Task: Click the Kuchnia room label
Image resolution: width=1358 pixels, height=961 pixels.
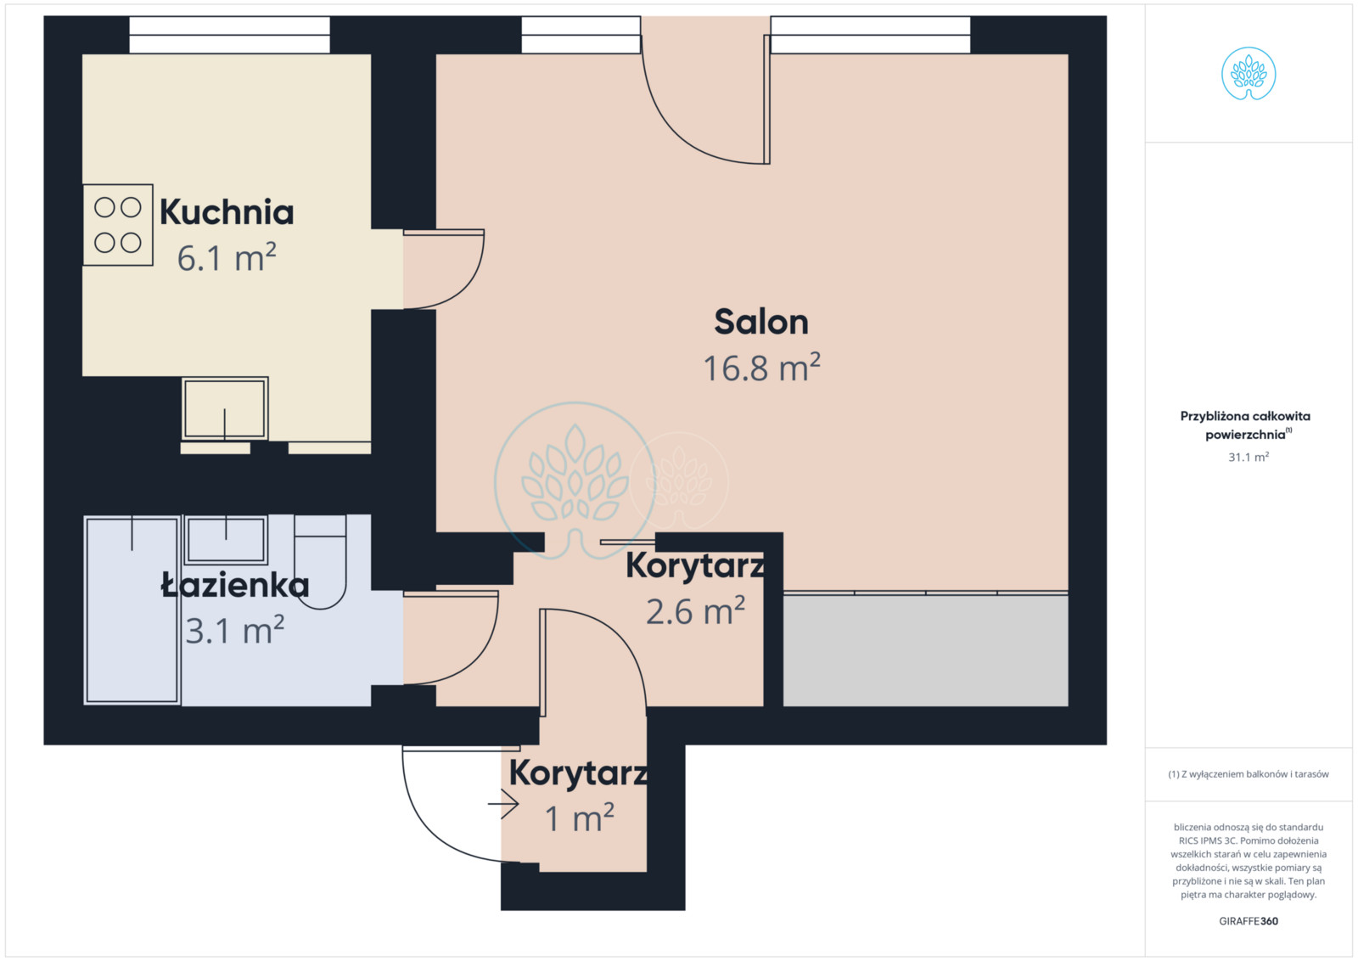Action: tap(227, 212)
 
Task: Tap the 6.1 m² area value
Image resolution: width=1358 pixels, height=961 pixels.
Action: tap(227, 257)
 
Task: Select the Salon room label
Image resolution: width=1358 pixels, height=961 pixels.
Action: tap(761, 322)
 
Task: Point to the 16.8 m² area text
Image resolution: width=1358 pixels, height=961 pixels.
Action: tap(761, 367)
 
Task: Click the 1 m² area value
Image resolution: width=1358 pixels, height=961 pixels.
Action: tap(580, 818)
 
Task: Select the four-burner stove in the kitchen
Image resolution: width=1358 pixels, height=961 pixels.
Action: tap(118, 225)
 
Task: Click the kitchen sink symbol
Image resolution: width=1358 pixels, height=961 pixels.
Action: tap(225, 408)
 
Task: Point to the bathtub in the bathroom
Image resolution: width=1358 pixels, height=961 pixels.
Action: tap(132, 610)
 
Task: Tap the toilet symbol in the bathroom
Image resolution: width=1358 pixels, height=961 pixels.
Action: tap(320, 561)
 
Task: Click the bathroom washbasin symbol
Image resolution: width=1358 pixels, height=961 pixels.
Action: tap(226, 540)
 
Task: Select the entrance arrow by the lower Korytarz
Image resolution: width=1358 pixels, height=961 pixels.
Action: tap(503, 804)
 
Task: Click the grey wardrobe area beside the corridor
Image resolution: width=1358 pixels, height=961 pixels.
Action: tap(926, 650)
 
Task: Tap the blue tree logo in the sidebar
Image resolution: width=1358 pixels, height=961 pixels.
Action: tap(1249, 73)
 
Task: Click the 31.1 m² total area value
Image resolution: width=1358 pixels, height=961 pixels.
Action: tap(1249, 457)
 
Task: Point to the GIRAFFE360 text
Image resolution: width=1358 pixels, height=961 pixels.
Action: tap(1249, 921)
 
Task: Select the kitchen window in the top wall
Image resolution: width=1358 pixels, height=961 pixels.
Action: tap(230, 35)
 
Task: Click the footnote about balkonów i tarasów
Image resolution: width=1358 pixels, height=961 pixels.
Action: tap(1249, 774)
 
